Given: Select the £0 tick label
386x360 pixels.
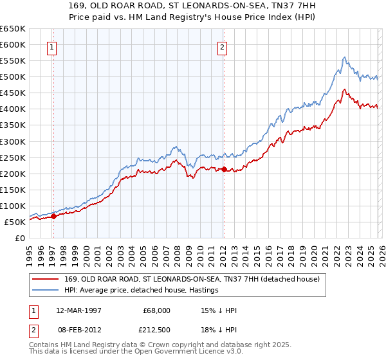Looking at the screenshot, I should [19, 238].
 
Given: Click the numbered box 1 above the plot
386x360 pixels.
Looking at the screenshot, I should [51, 46].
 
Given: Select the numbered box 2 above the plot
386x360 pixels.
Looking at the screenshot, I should [222, 46].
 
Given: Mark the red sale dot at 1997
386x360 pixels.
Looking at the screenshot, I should [54, 216].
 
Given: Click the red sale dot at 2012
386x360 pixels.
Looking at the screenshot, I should [223, 170].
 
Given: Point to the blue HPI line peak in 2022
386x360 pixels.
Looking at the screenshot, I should [345, 57].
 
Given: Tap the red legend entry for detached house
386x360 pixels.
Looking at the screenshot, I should [187, 279].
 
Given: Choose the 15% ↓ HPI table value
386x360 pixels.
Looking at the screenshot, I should [219, 310].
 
